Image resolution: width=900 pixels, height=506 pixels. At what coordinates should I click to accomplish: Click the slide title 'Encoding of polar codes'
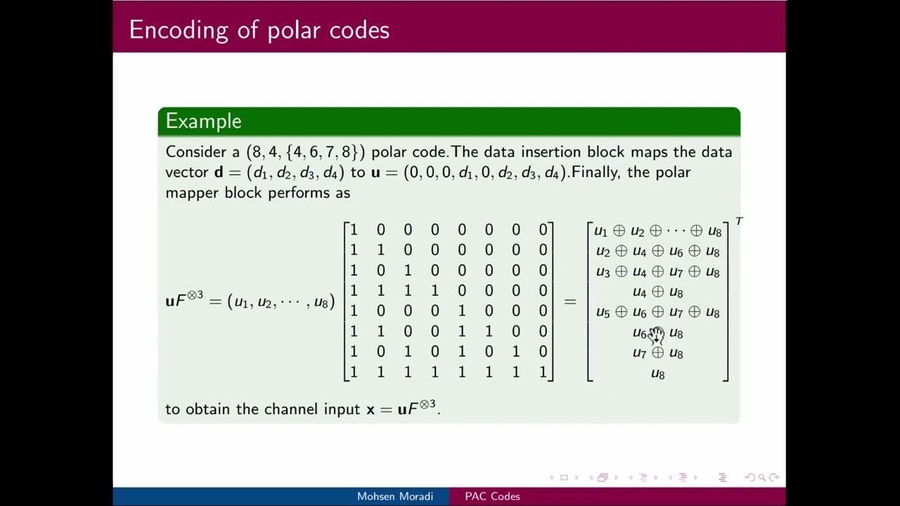259,30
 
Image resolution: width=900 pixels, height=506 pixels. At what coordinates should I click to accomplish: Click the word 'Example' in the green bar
203,121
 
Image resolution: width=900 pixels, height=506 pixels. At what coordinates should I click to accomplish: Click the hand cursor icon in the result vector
656,335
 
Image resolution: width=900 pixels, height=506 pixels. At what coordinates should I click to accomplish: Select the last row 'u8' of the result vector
658,373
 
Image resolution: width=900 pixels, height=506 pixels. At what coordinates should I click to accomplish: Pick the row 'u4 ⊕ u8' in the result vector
658,292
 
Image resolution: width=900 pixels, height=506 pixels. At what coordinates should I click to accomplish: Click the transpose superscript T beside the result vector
738,221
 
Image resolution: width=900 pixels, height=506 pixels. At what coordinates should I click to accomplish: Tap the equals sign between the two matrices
570,301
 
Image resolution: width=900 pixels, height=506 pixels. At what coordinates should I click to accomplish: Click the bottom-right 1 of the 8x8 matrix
542,372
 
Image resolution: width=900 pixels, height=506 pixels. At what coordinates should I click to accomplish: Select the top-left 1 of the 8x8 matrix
354,230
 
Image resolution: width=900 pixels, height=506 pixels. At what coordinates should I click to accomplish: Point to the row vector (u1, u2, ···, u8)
281,301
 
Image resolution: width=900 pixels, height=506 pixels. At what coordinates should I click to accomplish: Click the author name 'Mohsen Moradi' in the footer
394,496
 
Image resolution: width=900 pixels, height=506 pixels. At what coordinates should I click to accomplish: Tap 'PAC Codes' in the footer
492,496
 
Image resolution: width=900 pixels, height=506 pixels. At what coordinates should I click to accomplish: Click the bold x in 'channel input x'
370,409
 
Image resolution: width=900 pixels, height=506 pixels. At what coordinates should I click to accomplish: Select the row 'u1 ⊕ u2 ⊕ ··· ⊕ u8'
658,231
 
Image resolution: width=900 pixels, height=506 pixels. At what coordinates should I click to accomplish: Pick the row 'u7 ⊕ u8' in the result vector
658,353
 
